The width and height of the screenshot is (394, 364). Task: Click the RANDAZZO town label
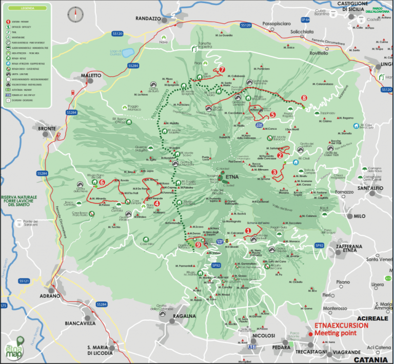148,18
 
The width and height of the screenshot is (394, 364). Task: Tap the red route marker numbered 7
222,70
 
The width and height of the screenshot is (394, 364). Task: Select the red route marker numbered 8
304,97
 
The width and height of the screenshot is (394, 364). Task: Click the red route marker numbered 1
249,231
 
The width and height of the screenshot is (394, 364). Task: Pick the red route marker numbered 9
199,245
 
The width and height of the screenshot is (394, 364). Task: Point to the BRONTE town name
47,129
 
